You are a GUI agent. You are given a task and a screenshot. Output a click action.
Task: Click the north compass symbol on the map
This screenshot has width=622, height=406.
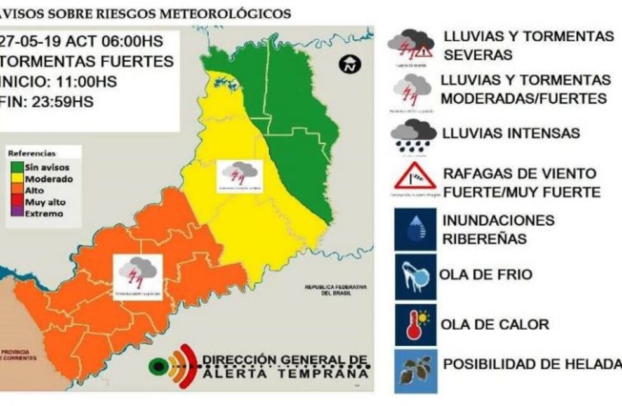coord(350,64)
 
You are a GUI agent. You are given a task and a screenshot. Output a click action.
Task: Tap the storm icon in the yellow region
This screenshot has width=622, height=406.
coord(239,176)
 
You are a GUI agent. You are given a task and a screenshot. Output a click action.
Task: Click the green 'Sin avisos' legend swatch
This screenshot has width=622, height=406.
coord(15,167)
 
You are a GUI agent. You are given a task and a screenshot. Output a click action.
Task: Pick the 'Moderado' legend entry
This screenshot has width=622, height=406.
coord(48,179)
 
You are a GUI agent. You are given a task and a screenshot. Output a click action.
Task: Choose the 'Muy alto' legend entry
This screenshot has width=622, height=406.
coord(44,202)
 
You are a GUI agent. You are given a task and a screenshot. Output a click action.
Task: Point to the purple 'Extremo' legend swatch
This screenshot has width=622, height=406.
coord(15,214)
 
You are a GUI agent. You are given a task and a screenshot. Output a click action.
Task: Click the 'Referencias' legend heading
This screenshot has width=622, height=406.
coord(31,154)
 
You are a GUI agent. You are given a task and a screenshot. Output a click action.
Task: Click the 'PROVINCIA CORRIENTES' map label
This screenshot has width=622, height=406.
coord(19,355)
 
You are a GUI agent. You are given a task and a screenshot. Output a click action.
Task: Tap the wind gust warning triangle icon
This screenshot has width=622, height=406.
coord(414,178)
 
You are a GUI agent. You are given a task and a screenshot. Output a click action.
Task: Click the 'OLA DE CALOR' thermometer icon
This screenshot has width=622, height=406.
coord(415,324)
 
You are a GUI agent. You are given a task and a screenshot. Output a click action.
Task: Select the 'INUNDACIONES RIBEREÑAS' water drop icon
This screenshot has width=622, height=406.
coord(415,230)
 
